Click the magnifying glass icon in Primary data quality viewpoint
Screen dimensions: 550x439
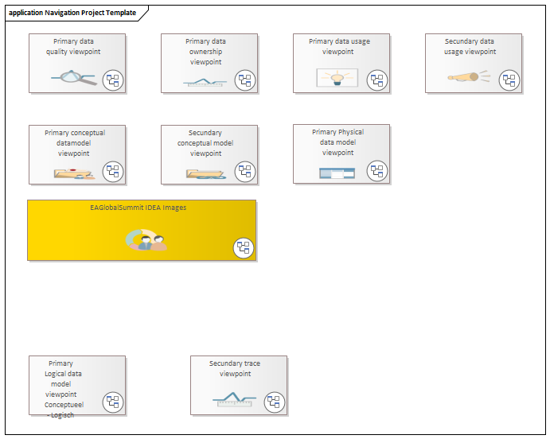[x=74, y=78]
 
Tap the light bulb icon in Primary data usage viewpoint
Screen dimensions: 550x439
[x=337, y=78]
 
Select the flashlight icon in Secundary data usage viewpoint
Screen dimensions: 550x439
[x=468, y=76]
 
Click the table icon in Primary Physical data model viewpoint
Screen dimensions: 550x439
[x=337, y=173]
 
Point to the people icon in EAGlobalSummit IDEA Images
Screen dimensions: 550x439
[x=146, y=240]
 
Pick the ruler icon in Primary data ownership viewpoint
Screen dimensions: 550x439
[x=205, y=83]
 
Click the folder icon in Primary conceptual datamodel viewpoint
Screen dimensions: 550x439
[x=74, y=174]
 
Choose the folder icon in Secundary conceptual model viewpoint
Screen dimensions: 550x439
[x=206, y=174]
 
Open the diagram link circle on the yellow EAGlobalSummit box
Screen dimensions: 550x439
[x=244, y=247]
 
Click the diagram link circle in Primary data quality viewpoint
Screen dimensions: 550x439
[x=113, y=80]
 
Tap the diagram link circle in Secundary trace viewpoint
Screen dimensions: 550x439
[x=274, y=402]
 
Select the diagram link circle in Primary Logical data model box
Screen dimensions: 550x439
[x=113, y=402]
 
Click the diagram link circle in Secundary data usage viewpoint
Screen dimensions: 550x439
[x=509, y=80]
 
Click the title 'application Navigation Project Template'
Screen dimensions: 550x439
[x=72, y=13]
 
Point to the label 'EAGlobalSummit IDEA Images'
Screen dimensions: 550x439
[x=138, y=208]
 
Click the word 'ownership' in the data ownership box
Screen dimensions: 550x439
[x=205, y=52]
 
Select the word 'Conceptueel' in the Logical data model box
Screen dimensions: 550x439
[x=64, y=405]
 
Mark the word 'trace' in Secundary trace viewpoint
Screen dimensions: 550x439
[x=252, y=363]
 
